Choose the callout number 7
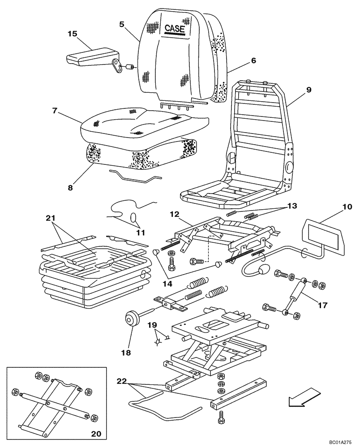(x=55, y=110)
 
